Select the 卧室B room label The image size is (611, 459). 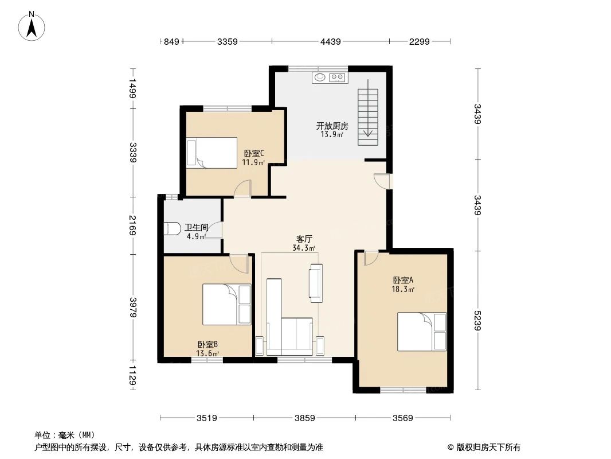coord(207,344)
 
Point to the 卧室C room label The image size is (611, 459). coord(253,153)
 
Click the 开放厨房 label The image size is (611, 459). coord(332,126)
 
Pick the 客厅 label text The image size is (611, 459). coord(304,239)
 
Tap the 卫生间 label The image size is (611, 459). coord(196,227)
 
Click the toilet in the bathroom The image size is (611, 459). coord(173,229)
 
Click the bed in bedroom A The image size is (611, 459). coord(422,332)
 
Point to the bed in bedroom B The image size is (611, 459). coord(226,305)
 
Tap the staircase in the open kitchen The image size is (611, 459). coord(367,117)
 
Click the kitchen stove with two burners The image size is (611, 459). coord(338,77)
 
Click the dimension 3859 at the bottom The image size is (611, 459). coord(305,418)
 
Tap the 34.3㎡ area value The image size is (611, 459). coord(304,248)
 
